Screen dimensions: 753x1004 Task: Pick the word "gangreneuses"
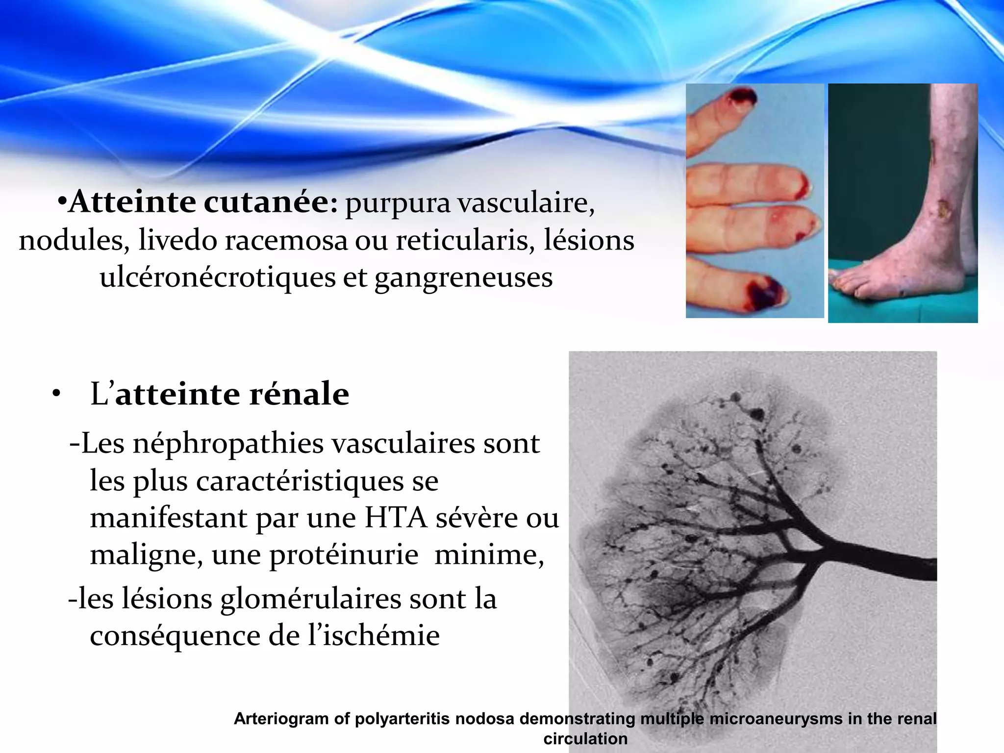pos(463,278)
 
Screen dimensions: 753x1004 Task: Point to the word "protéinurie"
pos(344,555)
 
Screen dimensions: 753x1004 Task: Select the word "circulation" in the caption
pos(585,738)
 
